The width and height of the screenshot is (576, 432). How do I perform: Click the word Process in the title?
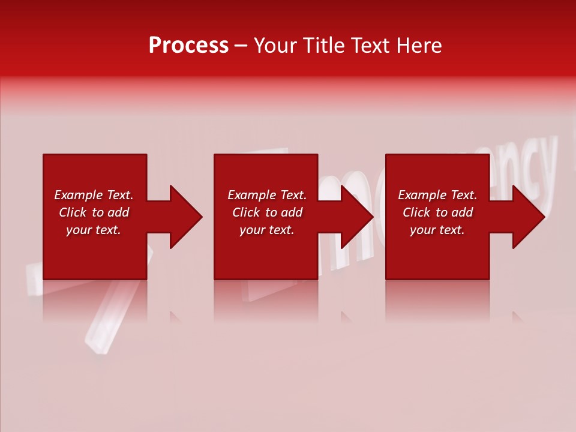point(188,46)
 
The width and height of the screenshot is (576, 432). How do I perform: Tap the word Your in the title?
point(277,46)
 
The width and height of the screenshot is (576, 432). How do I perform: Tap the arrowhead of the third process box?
point(528,217)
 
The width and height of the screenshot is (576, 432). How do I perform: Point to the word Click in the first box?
point(73,212)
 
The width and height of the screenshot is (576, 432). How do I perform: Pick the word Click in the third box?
point(416,212)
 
